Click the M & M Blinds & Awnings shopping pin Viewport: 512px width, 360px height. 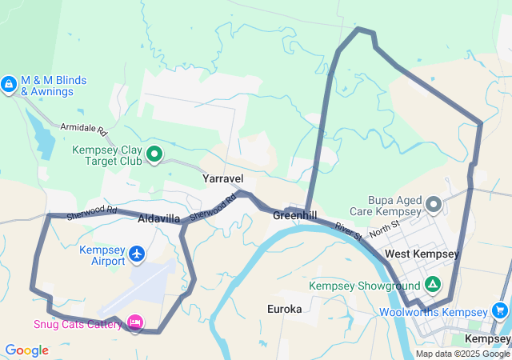click(9, 83)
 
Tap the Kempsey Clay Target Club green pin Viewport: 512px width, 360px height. click(154, 154)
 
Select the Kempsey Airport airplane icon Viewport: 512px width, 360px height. click(137, 254)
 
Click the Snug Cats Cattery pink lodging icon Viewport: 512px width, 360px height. click(135, 322)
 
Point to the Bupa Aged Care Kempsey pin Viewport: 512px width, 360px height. click(434, 205)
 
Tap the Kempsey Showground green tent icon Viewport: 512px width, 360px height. click(433, 283)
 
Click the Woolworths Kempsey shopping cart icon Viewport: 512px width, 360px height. click(501, 310)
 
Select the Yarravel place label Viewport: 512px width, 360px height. click(223, 178)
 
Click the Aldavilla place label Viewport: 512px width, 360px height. click(159, 218)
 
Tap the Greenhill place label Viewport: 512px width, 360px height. click(294, 216)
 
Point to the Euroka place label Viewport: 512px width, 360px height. click(284, 308)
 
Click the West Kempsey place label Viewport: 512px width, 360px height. click(422, 254)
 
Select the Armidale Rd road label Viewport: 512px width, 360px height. click(84, 128)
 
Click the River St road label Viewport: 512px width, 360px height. click(349, 232)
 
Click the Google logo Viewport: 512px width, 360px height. click(26, 350)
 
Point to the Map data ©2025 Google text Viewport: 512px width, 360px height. click(462, 354)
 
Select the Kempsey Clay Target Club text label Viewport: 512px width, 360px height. click(107, 155)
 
